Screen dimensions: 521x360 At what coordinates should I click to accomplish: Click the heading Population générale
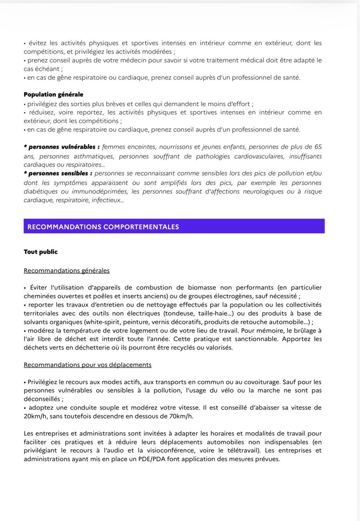(53, 94)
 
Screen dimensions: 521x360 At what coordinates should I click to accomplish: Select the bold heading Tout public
(40, 252)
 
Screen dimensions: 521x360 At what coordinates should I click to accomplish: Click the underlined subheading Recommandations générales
(66, 270)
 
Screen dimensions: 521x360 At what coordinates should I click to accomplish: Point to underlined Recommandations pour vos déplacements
(87, 365)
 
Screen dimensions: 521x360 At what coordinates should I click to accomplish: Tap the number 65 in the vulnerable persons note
(318, 147)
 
